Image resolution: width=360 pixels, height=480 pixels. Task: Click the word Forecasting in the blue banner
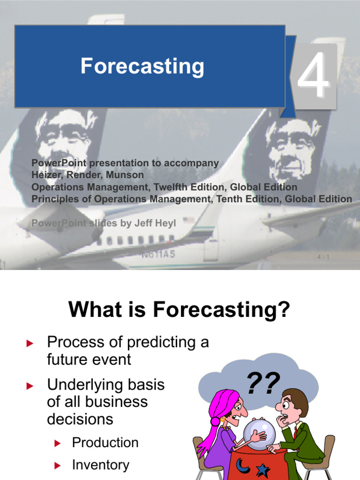pos(142,66)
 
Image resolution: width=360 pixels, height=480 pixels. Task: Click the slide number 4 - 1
pos(323,257)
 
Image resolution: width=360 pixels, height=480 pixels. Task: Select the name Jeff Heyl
pos(155,224)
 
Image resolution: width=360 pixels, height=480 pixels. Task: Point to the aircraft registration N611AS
pos(158,255)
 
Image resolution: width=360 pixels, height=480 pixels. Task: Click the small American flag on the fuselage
pos(188,220)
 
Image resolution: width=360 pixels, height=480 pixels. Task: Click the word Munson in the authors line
pos(127,175)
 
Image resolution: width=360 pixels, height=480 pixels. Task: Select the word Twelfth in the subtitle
pos(174,187)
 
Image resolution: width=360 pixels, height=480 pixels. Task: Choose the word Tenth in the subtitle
pos(232,199)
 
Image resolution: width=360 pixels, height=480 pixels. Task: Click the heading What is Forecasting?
pos(180,310)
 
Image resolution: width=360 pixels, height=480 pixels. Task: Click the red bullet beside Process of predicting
pos(30,344)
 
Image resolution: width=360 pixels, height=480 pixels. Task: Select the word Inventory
pos(100,465)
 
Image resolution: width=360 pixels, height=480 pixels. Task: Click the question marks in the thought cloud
pos(263,383)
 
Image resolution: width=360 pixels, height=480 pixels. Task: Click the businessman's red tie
pos(295,432)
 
